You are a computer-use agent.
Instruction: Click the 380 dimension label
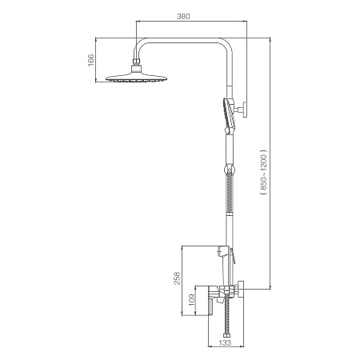(183, 16)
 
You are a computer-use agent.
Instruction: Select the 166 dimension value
(91, 60)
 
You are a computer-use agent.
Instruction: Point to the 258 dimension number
(177, 278)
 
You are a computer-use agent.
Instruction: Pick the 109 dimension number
(192, 300)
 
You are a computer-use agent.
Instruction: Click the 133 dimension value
(225, 343)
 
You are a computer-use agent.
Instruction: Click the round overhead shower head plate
(137, 78)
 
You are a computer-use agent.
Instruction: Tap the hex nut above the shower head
(137, 62)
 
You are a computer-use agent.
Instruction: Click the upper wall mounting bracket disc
(245, 110)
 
